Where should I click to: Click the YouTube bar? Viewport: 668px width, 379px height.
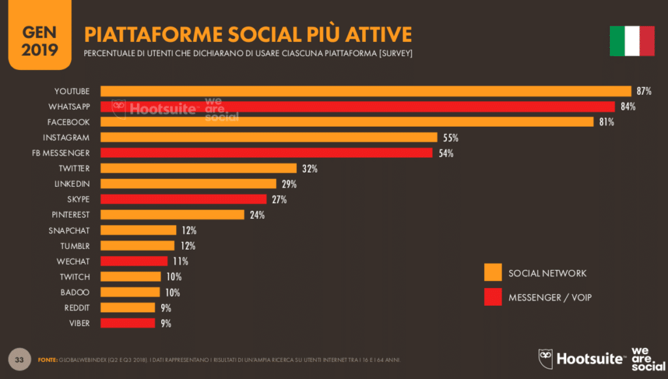(x=365, y=91)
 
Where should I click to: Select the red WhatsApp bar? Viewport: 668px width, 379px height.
(x=357, y=107)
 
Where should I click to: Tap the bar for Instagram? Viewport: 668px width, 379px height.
(x=269, y=137)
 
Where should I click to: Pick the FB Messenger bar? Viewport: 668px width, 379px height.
(x=266, y=153)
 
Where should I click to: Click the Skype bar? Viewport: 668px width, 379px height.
(x=183, y=199)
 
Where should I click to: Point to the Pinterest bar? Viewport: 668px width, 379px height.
(x=172, y=215)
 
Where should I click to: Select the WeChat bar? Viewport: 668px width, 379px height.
(x=134, y=261)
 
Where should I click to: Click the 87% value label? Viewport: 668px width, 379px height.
(x=645, y=91)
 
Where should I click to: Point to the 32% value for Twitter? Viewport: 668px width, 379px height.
(x=309, y=169)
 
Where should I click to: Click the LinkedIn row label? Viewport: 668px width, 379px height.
(x=72, y=184)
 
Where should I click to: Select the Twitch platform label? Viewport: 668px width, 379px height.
(x=75, y=277)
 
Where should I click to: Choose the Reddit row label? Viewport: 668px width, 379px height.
(x=77, y=308)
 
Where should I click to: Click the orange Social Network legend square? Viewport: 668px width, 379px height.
(x=493, y=272)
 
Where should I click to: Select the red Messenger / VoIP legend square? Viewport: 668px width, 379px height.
(x=493, y=297)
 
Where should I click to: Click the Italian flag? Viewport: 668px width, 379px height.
(x=631, y=41)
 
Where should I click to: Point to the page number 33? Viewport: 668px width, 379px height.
(x=20, y=359)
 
